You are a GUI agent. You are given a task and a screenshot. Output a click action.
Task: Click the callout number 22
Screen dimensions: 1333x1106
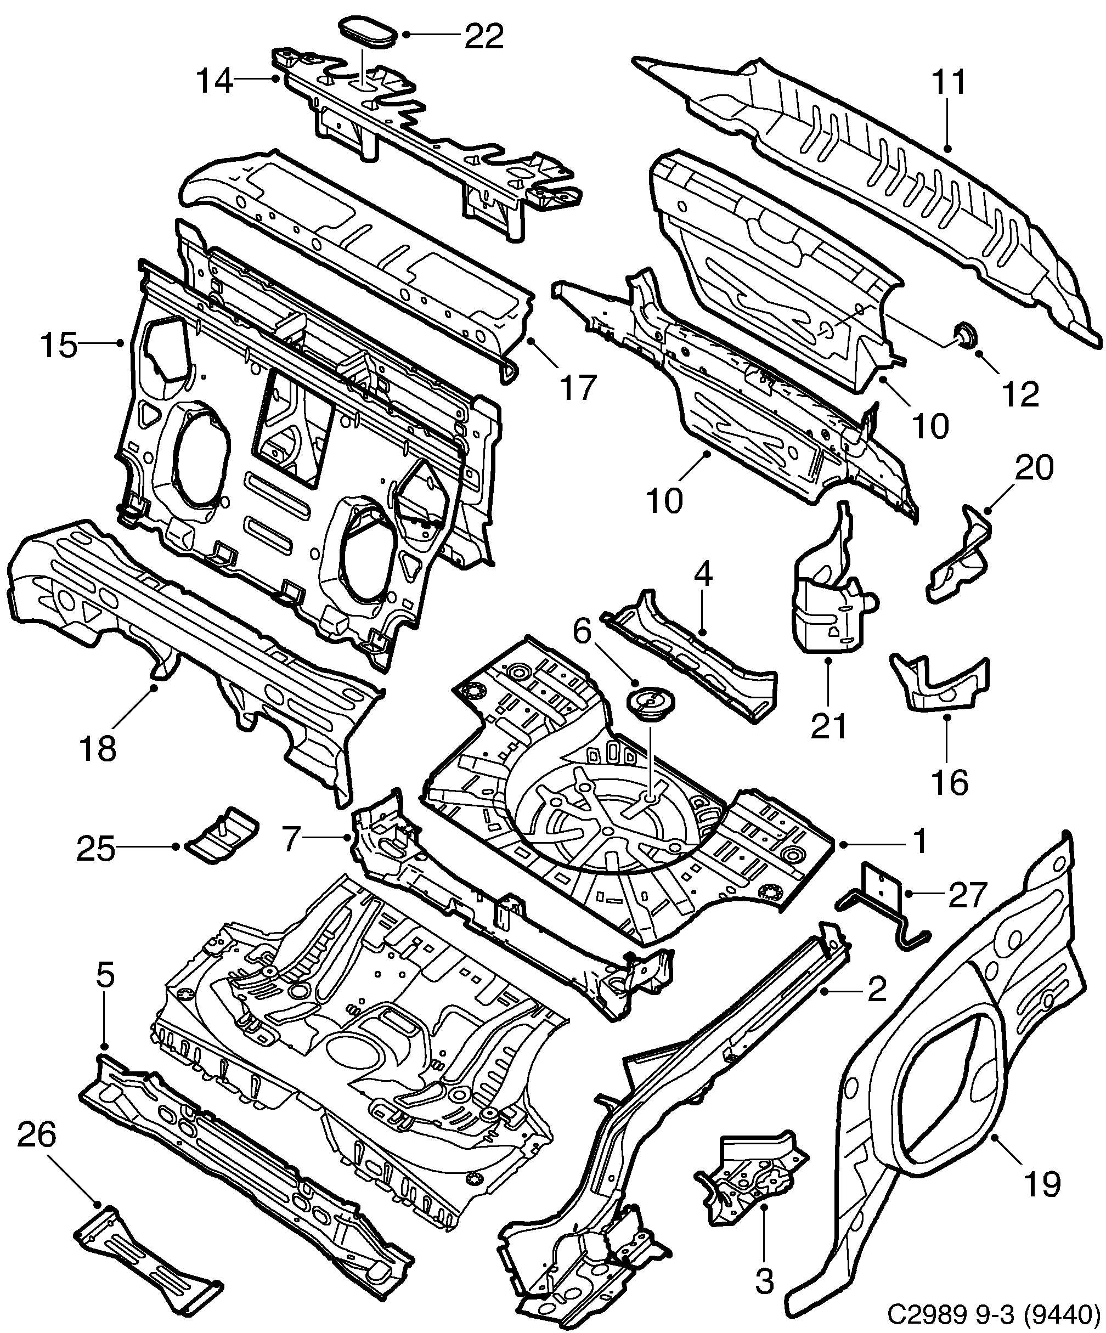tap(484, 36)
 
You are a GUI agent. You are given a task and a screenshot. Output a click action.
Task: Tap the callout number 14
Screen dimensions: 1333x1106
tap(215, 82)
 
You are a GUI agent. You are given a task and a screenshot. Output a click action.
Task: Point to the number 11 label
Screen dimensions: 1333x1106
tap(949, 82)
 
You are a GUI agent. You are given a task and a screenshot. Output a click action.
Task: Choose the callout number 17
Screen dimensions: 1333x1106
tap(578, 387)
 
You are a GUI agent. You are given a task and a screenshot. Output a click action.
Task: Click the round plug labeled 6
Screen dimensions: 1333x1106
tap(651, 706)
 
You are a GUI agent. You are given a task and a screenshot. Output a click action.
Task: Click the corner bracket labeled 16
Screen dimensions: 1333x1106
tap(940, 689)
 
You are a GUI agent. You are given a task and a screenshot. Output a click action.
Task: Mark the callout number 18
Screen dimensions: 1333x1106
tap(98, 748)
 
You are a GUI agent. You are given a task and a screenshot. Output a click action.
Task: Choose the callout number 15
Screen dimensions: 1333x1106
tap(58, 347)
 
